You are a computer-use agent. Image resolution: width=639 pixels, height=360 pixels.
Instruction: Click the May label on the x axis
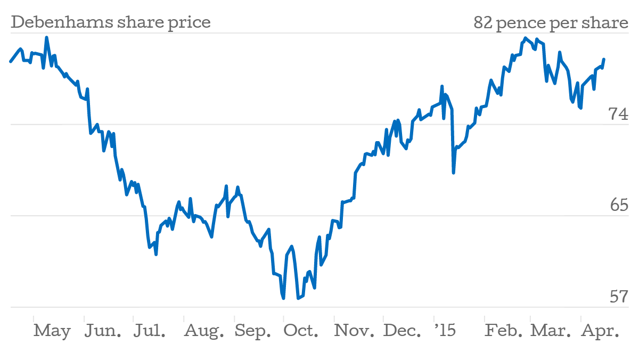[x=52, y=331]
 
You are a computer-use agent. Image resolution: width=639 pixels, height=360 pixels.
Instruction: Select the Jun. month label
[x=103, y=331]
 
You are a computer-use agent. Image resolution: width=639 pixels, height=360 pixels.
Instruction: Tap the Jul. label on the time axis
[x=149, y=331]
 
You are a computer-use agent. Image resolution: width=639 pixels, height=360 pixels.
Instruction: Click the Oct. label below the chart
[x=301, y=331]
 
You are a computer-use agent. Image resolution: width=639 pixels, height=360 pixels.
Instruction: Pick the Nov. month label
[x=354, y=331]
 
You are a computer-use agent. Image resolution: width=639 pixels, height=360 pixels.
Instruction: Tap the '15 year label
[x=445, y=331]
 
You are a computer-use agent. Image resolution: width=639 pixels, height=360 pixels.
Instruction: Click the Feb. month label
[x=504, y=331]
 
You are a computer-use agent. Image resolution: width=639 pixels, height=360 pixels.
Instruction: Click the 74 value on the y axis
[x=619, y=114]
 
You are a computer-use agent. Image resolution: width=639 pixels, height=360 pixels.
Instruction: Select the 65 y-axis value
[x=619, y=206]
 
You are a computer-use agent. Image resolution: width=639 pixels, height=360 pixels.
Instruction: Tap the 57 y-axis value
[x=619, y=297]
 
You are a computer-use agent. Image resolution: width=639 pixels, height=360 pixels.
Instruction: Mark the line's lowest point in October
[x=284, y=298]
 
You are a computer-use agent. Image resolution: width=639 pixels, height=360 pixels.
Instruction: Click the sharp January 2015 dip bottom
[x=454, y=173]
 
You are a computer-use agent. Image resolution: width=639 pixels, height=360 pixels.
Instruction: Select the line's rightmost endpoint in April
[x=604, y=59]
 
